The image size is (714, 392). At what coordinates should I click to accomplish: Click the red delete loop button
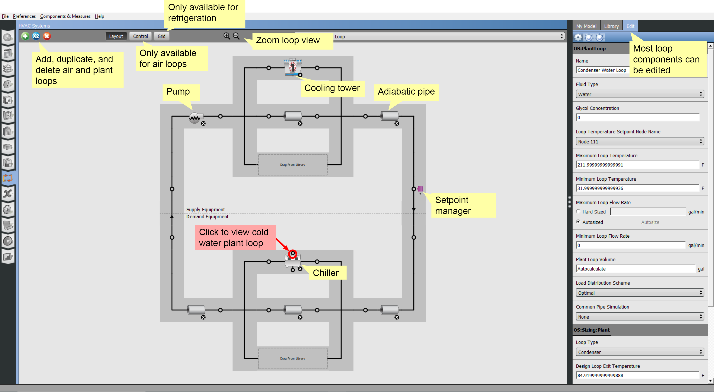[x=47, y=36]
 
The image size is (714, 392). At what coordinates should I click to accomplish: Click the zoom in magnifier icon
[x=227, y=36]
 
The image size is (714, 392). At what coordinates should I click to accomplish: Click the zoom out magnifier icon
[x=236, y=36]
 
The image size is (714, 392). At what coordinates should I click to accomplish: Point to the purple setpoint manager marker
[x=420, y=189]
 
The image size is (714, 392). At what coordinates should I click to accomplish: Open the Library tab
[x=611, y=26]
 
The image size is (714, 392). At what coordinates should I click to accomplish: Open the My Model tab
[x=586, y=26]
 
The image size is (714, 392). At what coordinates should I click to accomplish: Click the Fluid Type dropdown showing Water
[x=639, y=94]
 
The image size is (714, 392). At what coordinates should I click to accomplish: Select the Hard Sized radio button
[x=578, y=212]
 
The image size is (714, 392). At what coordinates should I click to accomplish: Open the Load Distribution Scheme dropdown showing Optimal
[x=639, y=293]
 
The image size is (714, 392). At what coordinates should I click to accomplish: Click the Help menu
[x=99, y=16]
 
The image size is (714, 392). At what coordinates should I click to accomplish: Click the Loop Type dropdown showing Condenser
[x=639, y=352]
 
